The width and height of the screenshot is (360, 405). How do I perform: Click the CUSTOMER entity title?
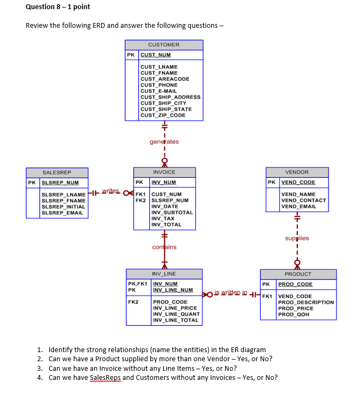click(x=164, y=45)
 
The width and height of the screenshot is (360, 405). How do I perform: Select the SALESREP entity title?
click(x=57, y=173)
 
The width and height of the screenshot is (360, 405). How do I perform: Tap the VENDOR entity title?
click(x=297, y=172)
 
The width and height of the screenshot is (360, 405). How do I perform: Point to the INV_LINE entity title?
click(x=164, y=274)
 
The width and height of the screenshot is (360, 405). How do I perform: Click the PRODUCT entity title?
click(x=298, y=274)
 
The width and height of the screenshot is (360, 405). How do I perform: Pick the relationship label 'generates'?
click(x=164, y=142)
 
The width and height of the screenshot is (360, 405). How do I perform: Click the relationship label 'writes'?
click(x=111, y=191)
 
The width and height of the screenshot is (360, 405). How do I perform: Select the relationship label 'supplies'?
click(x=297, y=238)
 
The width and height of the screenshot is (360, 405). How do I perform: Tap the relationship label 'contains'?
click(x=164, y=247)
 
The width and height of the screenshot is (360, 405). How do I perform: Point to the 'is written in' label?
click(x=231, y=292)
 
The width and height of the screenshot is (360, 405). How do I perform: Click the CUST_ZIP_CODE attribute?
click(x=163, y=115)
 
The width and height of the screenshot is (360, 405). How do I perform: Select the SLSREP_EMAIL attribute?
click(x=63, y=213)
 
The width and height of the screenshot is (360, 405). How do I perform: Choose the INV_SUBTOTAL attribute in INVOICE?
click(x=172, y=212)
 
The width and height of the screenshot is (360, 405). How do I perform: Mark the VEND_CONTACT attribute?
click(x=304, y=200)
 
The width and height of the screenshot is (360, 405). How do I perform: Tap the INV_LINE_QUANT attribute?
click(x=177, y=314)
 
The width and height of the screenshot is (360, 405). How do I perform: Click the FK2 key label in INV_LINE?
click(x=133, y=302)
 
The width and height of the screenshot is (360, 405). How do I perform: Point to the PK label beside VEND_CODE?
click(x=272, y=182)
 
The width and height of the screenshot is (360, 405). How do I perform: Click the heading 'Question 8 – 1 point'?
click(x=58, y=7)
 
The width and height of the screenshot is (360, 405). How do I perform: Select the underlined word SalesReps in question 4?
click(x=105, y=378)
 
